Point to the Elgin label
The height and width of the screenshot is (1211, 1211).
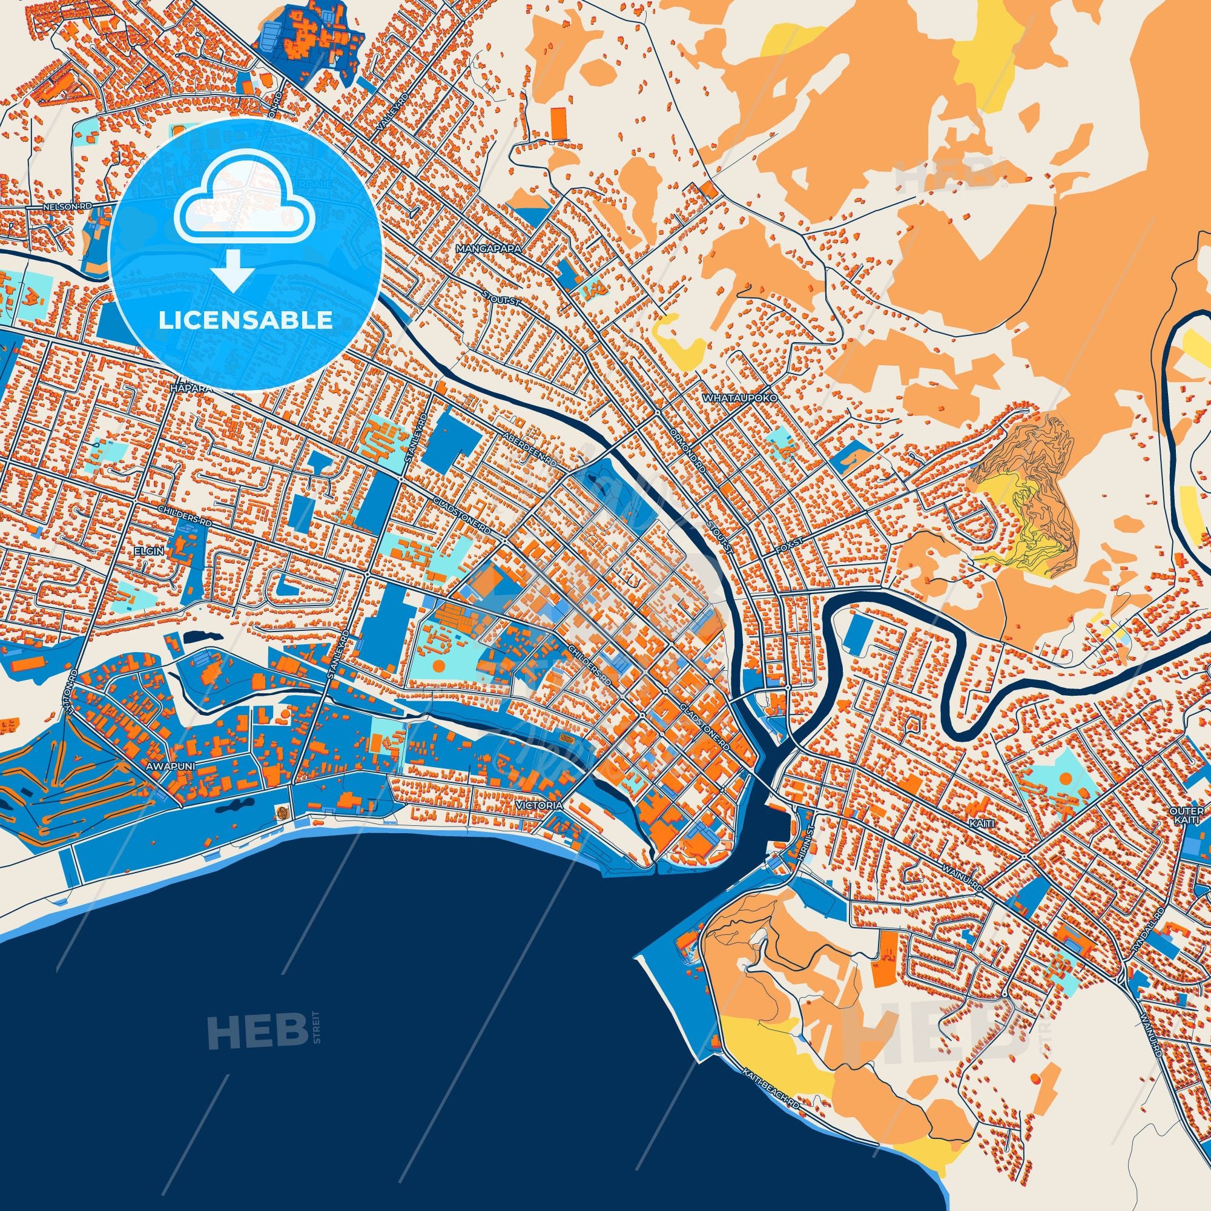point(148,533)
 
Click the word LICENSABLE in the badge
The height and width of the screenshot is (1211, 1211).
point(245,320)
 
